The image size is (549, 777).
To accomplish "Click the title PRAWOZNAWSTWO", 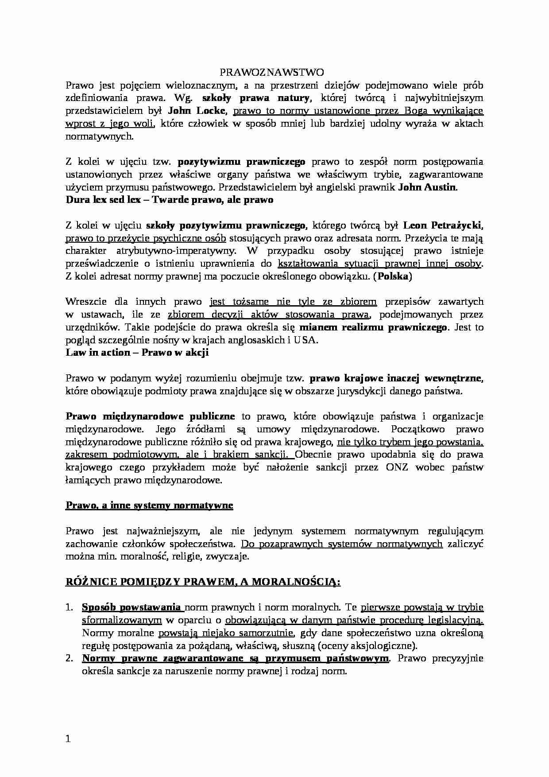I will pos(272,72).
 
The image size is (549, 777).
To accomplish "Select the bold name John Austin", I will pos(427,187).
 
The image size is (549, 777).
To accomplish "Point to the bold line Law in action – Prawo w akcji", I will pos(137,353).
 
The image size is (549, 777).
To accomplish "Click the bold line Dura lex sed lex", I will pos(169,200).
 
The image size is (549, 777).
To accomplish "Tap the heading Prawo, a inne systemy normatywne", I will pos(149,505).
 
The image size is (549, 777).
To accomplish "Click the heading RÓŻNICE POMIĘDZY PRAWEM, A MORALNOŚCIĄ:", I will pos(203,582).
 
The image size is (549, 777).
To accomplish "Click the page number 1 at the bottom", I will pos(68,738).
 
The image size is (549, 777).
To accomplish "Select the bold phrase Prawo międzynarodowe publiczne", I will pos(150,416).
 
